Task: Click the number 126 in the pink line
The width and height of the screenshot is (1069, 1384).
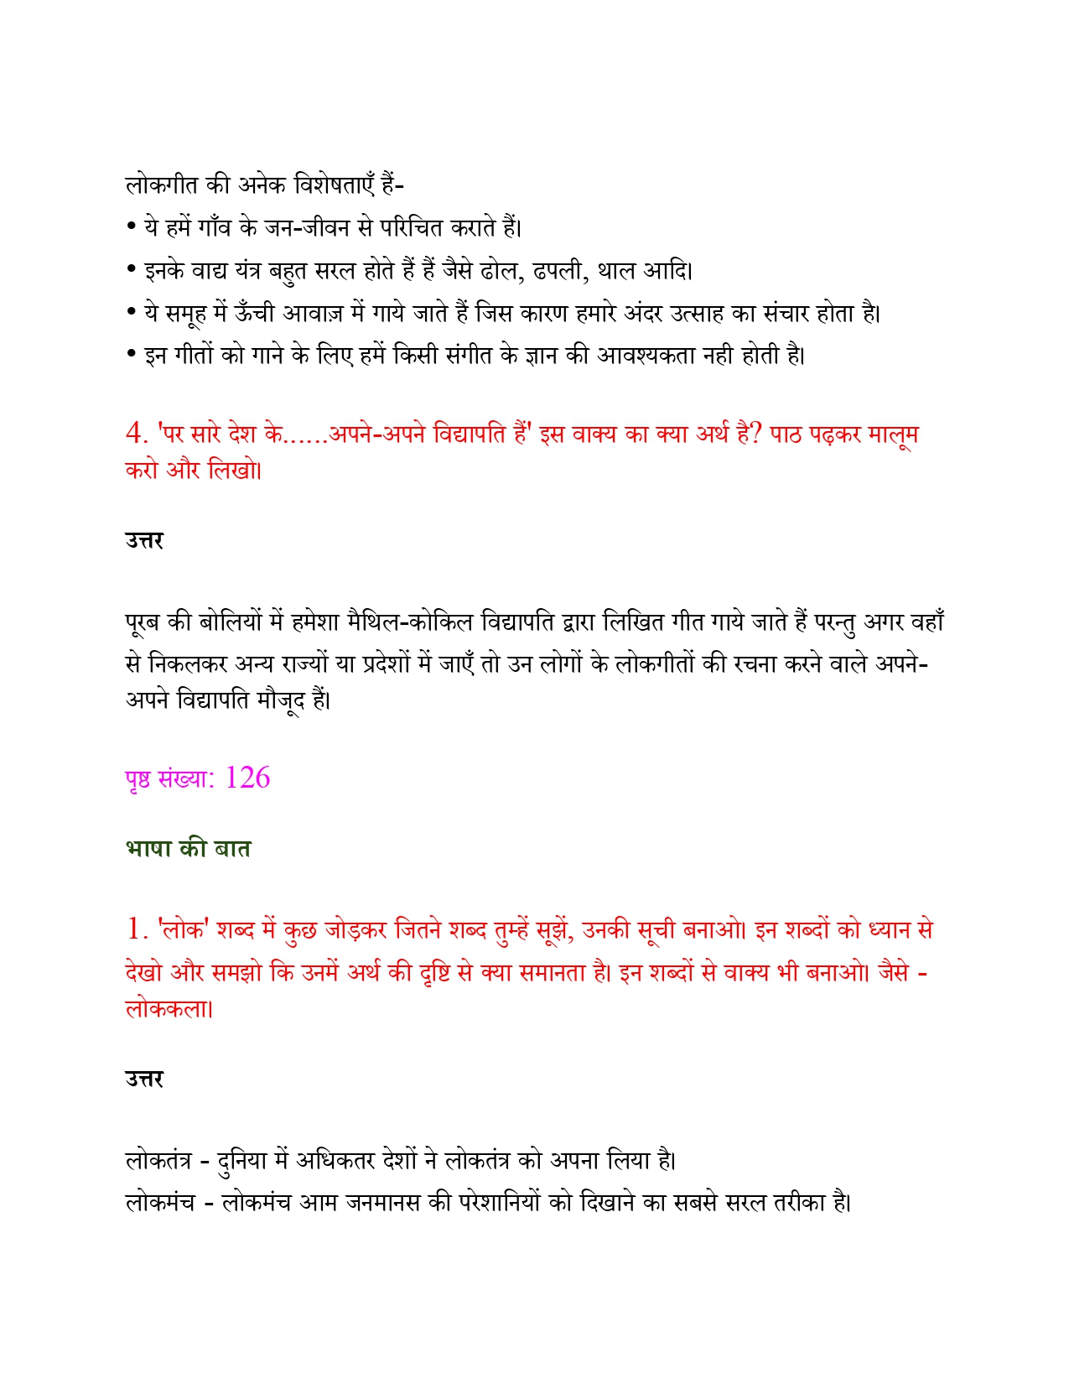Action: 247,778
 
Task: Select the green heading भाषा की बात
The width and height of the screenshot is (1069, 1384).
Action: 188,849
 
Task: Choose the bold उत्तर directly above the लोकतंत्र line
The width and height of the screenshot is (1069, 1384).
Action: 144,1079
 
